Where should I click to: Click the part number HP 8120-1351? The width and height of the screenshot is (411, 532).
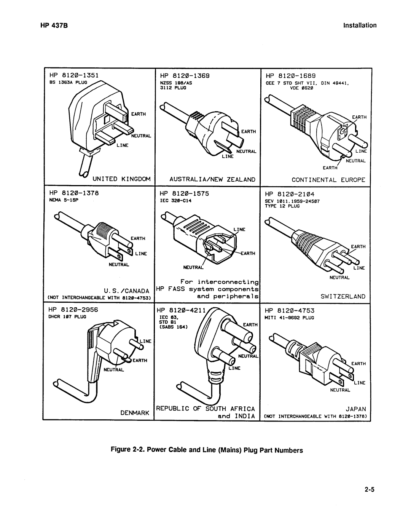[73, 75]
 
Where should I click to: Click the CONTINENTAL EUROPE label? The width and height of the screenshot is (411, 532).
[328, 179]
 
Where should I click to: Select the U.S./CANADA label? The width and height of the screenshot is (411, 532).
[128, 291]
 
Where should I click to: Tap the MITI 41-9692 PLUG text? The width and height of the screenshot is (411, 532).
[289, 317]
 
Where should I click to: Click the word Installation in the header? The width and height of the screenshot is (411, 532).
[360, 26]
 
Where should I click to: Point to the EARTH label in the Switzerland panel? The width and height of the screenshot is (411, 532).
[358, 247]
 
